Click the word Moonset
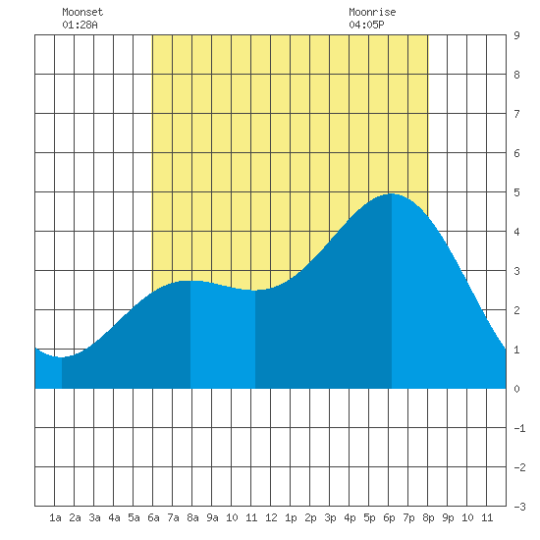click(x=82, y=12)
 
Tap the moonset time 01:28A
click(x=80, y=25)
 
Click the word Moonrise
click(x=372, y=12)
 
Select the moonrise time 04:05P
click(x=366, y=25)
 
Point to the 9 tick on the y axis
click(x=516, y=35)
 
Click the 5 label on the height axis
click(x=516, y=192)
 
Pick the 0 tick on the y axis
click(x=516, y=389)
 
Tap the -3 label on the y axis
click(x=519, y=507)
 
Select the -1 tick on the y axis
click(x=519, y=428)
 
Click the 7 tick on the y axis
click(x=516, y=114)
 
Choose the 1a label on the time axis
click(x=55, y=517)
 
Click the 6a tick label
click(x=153, y=517)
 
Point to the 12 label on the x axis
click(x=271, y=517)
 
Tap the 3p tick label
click(x=330, y=517)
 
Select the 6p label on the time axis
click(x=389, y=517)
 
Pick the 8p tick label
click(x=428, y=517)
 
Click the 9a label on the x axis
click(x=212, y=517)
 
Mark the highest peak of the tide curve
click(x=391, y=193)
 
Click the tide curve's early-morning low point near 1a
click(x=61, y=357)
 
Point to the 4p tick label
click(x=350, y=517)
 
